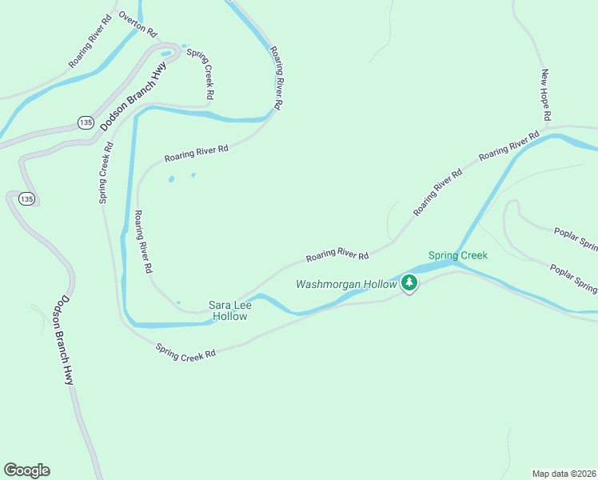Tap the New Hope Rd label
click(547, 94)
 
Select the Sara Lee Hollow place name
click(227, 310)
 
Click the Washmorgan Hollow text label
click(346, 284)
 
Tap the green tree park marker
click(409, 282)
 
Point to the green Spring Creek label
click(457, 255)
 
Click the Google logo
click(26, 470)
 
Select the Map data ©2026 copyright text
click(564, 473)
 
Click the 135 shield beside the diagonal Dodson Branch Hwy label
click(86, 122)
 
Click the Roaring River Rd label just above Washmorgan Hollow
click(337, 255)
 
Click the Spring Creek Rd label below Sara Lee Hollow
click(186, 350)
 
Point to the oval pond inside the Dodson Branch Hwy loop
click(167, 54)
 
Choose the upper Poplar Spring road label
click(575, 239)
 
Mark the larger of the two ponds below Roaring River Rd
click(171, 179)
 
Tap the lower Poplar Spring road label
click(573, 278)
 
